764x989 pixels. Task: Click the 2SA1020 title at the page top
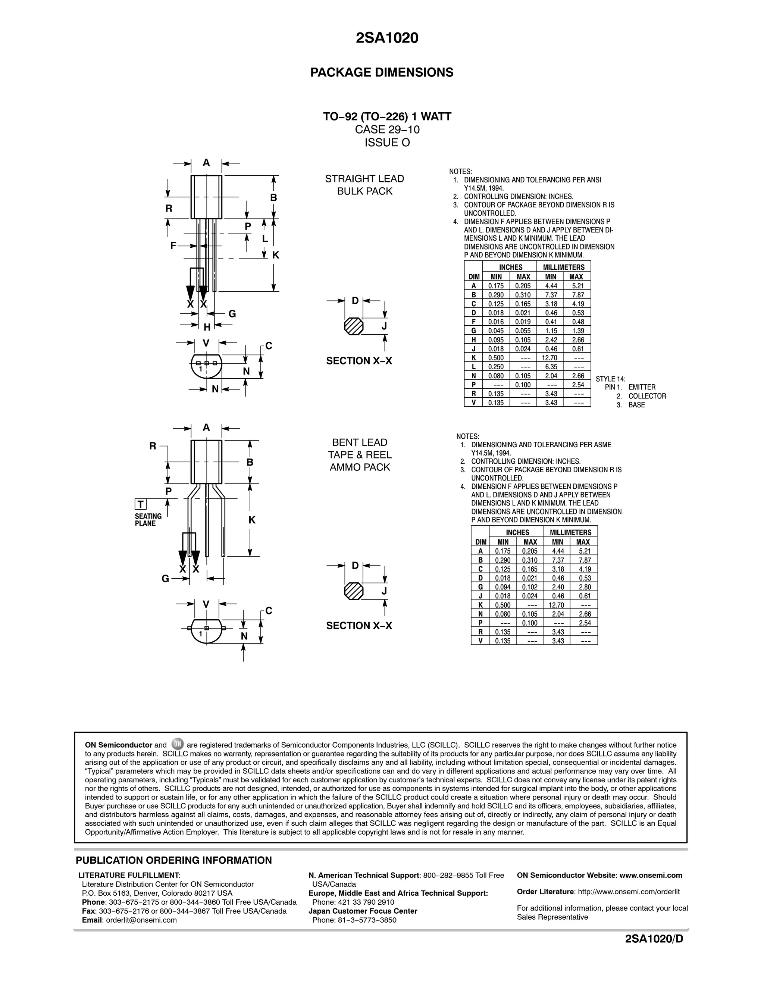point(387,38)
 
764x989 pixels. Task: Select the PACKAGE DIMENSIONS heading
point(382,72)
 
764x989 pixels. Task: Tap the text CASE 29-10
point(387,129)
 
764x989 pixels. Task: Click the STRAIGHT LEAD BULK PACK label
point(364,185)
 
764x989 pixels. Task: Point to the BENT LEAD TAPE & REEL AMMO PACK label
point(360,455)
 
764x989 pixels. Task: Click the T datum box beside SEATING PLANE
point(140,504)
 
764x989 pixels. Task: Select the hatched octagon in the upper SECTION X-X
point(354,326)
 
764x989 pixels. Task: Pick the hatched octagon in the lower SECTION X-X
point(354,591)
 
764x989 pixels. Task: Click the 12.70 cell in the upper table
point(551,358)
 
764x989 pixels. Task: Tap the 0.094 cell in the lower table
point(503,587)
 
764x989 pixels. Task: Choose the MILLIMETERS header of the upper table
point(563,267)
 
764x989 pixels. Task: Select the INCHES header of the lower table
point(517,532)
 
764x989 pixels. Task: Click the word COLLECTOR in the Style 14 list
point(647,396)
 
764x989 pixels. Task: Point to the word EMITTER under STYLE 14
point(642,387)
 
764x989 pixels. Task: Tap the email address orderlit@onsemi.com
point(141,920)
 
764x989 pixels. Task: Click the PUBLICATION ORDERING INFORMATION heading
point(174,860)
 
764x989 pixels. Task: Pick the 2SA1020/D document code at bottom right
point(654,939)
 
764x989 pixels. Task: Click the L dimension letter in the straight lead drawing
point(265,239)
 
